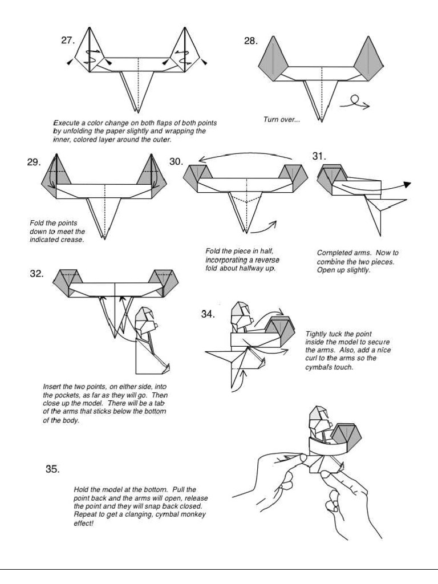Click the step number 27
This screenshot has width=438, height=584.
click(68, 40)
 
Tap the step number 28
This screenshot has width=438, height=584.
click(250, 41)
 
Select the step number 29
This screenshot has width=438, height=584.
click(34, 162)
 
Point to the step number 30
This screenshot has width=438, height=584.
click(176, 162)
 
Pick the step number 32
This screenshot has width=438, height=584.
click(37, 273)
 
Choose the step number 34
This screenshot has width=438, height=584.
click(209, 314)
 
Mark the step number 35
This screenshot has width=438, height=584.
click(52, 469)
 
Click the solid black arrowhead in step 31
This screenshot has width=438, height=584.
click(407, 185)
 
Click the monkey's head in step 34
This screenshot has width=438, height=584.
click(238, 313)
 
